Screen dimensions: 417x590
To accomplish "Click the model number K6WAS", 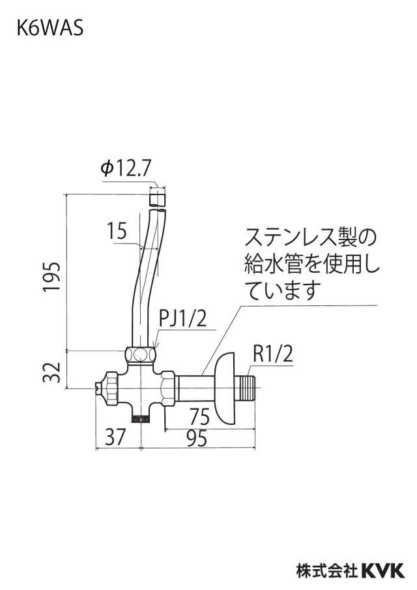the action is (50, 28).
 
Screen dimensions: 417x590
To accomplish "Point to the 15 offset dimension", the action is (117, 231).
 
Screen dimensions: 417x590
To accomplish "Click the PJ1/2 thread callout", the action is (183, 318).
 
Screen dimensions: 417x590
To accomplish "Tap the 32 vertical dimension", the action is (51, 372).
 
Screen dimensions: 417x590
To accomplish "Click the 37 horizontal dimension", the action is (115, 437).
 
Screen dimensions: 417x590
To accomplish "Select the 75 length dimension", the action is (199, 416).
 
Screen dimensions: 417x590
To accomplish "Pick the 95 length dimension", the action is (197, 438).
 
